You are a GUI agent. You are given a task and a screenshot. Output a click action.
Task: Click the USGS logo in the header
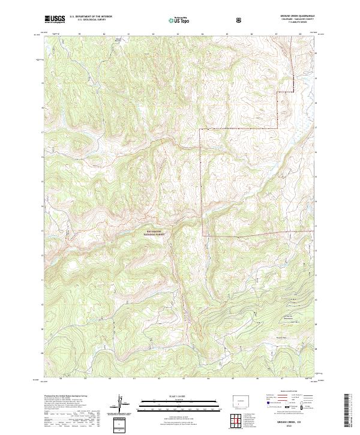(x=55, y=19)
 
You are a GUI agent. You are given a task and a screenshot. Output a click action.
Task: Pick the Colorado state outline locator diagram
(x=240, y=400)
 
